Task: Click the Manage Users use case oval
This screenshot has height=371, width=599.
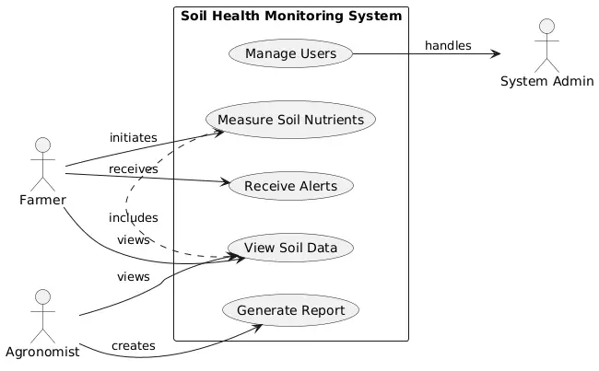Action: coord(290,54)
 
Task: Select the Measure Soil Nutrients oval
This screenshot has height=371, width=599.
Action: coord(290,120)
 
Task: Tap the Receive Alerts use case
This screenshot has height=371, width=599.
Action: coord(290,186)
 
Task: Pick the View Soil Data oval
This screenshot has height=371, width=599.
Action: coord(290,248)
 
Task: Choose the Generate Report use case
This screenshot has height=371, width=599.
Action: coord(290,310)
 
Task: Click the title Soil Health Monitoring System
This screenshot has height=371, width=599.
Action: coord(291,16)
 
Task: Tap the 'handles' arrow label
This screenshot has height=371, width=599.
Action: coord(448,45)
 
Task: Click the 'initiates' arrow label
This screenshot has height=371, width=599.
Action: coord(134,137)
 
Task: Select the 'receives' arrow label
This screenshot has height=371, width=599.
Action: coord(133,169)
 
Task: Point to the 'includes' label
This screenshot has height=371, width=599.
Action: coord(134,217)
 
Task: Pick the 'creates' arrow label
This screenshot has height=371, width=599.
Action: coord(134,345)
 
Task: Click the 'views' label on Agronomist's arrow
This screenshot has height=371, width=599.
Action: coord(134,276)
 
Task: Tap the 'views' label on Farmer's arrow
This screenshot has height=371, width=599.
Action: coord(134,239)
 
